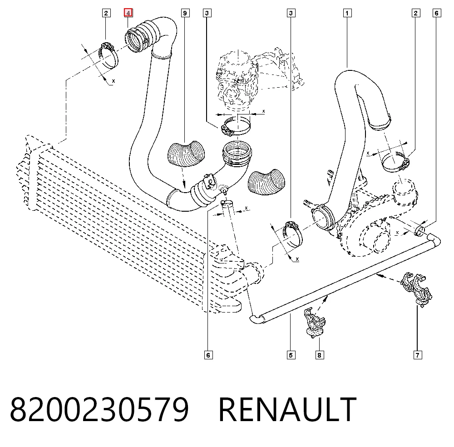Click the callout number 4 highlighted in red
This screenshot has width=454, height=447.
tap(128, 13)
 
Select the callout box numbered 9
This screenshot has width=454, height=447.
tap(185, 13)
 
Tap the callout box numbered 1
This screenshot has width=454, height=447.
tap(347, 13)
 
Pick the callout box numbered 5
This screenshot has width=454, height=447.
tap(291, 355)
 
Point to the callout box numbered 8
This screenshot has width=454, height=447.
tap(319, 355)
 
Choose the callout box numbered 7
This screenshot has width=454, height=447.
tap(418, 355)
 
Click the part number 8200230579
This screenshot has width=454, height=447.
tap(99, 409)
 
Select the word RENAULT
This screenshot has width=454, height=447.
tap(287, 409)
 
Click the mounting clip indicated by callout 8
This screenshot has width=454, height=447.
tap(315, 323)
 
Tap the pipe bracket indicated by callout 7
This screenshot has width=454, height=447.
tap(417, 289)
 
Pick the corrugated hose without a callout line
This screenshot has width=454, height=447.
tap(266, 182)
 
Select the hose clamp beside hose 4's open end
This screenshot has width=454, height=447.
tap(108, 55)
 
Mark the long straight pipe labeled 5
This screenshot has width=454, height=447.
tap(345, 278)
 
